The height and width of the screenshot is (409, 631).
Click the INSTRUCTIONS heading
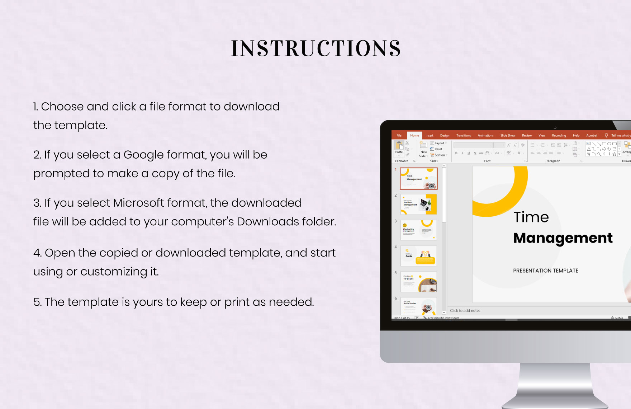coord(315,48)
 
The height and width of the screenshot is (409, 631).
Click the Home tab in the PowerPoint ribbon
coord(414,136)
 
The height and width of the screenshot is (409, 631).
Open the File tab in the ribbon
coord(399,136)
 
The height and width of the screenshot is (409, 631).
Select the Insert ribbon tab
coord(429,136)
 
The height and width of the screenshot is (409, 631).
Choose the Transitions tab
coord(463,136)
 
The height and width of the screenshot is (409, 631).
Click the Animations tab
coord(485,136)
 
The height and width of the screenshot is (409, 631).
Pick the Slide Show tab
coord(508,136)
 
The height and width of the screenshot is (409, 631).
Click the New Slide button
coord(423,149)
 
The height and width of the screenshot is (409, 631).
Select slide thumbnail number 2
coord(418,204)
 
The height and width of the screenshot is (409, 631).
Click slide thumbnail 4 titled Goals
coord(418,256)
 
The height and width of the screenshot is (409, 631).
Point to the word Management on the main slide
coord(563,238)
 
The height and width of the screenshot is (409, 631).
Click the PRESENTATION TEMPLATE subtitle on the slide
coord(545,271)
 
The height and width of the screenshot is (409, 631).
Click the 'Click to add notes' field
coord(465,311)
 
